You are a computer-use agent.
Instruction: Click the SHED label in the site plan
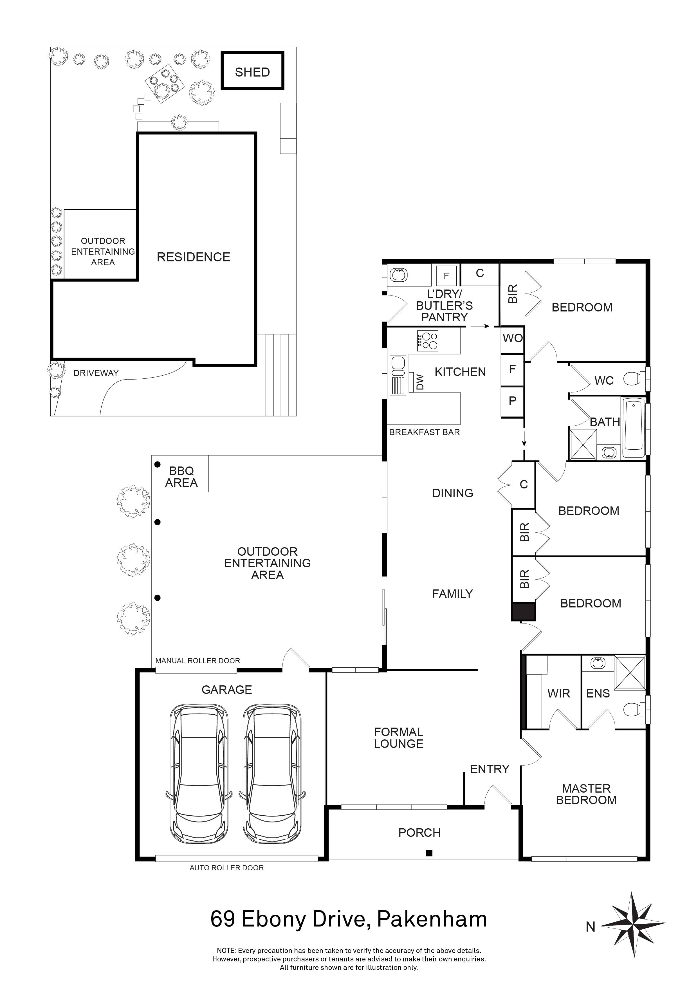point(252,72)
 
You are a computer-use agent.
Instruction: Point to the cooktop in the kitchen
point(427,341)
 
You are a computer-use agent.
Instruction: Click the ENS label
point(598,693)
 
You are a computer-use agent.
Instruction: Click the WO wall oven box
point(512,338)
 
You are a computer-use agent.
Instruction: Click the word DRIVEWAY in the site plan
point(96,373)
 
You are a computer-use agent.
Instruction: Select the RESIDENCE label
point(193,257)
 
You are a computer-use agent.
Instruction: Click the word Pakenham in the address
point(432,919)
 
